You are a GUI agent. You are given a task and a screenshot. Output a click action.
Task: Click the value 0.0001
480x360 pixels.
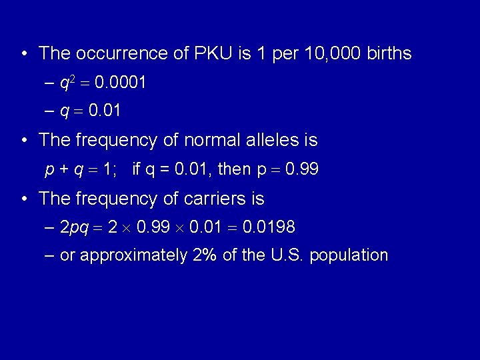click(x=121, y=83)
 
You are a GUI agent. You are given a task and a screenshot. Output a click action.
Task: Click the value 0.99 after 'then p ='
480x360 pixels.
click(x=302, y=170)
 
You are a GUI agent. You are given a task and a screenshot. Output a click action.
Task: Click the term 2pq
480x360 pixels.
click(x=74, y=229)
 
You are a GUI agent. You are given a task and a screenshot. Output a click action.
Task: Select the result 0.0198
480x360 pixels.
click(x=269, y=228)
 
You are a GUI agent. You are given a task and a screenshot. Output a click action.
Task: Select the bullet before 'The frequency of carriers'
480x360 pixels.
click(x=24, y=199)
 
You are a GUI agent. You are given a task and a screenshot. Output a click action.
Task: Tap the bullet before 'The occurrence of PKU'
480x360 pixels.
click(x=24, y=53)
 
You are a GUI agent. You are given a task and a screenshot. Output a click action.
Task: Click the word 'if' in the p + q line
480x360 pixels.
click(x=137, y=169)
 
